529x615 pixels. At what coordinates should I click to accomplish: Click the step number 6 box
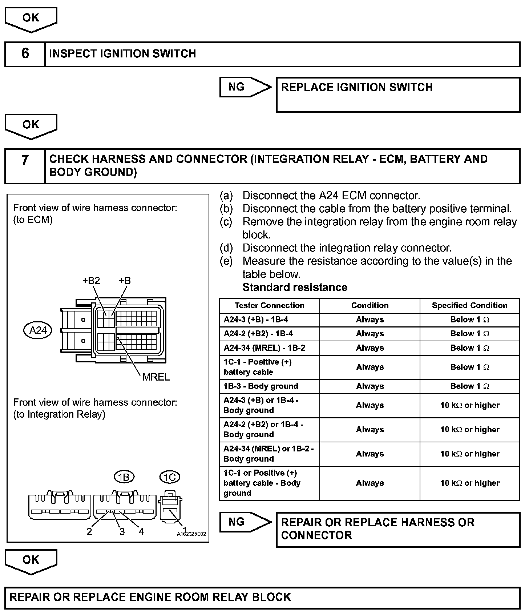point(25,54)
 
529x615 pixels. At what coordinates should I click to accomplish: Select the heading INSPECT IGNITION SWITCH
point(122,54)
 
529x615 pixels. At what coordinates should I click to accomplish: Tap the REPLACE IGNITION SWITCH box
point(398,95)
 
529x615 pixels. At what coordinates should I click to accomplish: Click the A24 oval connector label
point(38,330)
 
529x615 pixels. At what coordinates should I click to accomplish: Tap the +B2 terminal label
point(91,281)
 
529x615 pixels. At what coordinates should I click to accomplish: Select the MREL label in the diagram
point(156,377)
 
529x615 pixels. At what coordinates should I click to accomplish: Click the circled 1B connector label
point(124,477)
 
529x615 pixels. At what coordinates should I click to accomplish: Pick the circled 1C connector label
point(169,477)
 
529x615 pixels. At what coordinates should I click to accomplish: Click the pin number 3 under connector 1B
point(122,532)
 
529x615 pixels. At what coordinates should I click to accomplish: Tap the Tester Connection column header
point(269,306)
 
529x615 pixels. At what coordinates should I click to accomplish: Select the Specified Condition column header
point(469,306)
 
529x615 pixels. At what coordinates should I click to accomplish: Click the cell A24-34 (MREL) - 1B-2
point(264,348)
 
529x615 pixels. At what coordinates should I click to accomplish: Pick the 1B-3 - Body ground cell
point(261,386)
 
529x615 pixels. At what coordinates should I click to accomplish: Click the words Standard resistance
point(295,288)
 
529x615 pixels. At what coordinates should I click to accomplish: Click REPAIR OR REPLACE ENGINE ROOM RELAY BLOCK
point(150,597)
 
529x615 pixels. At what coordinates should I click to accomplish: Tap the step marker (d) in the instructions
point(226,248)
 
